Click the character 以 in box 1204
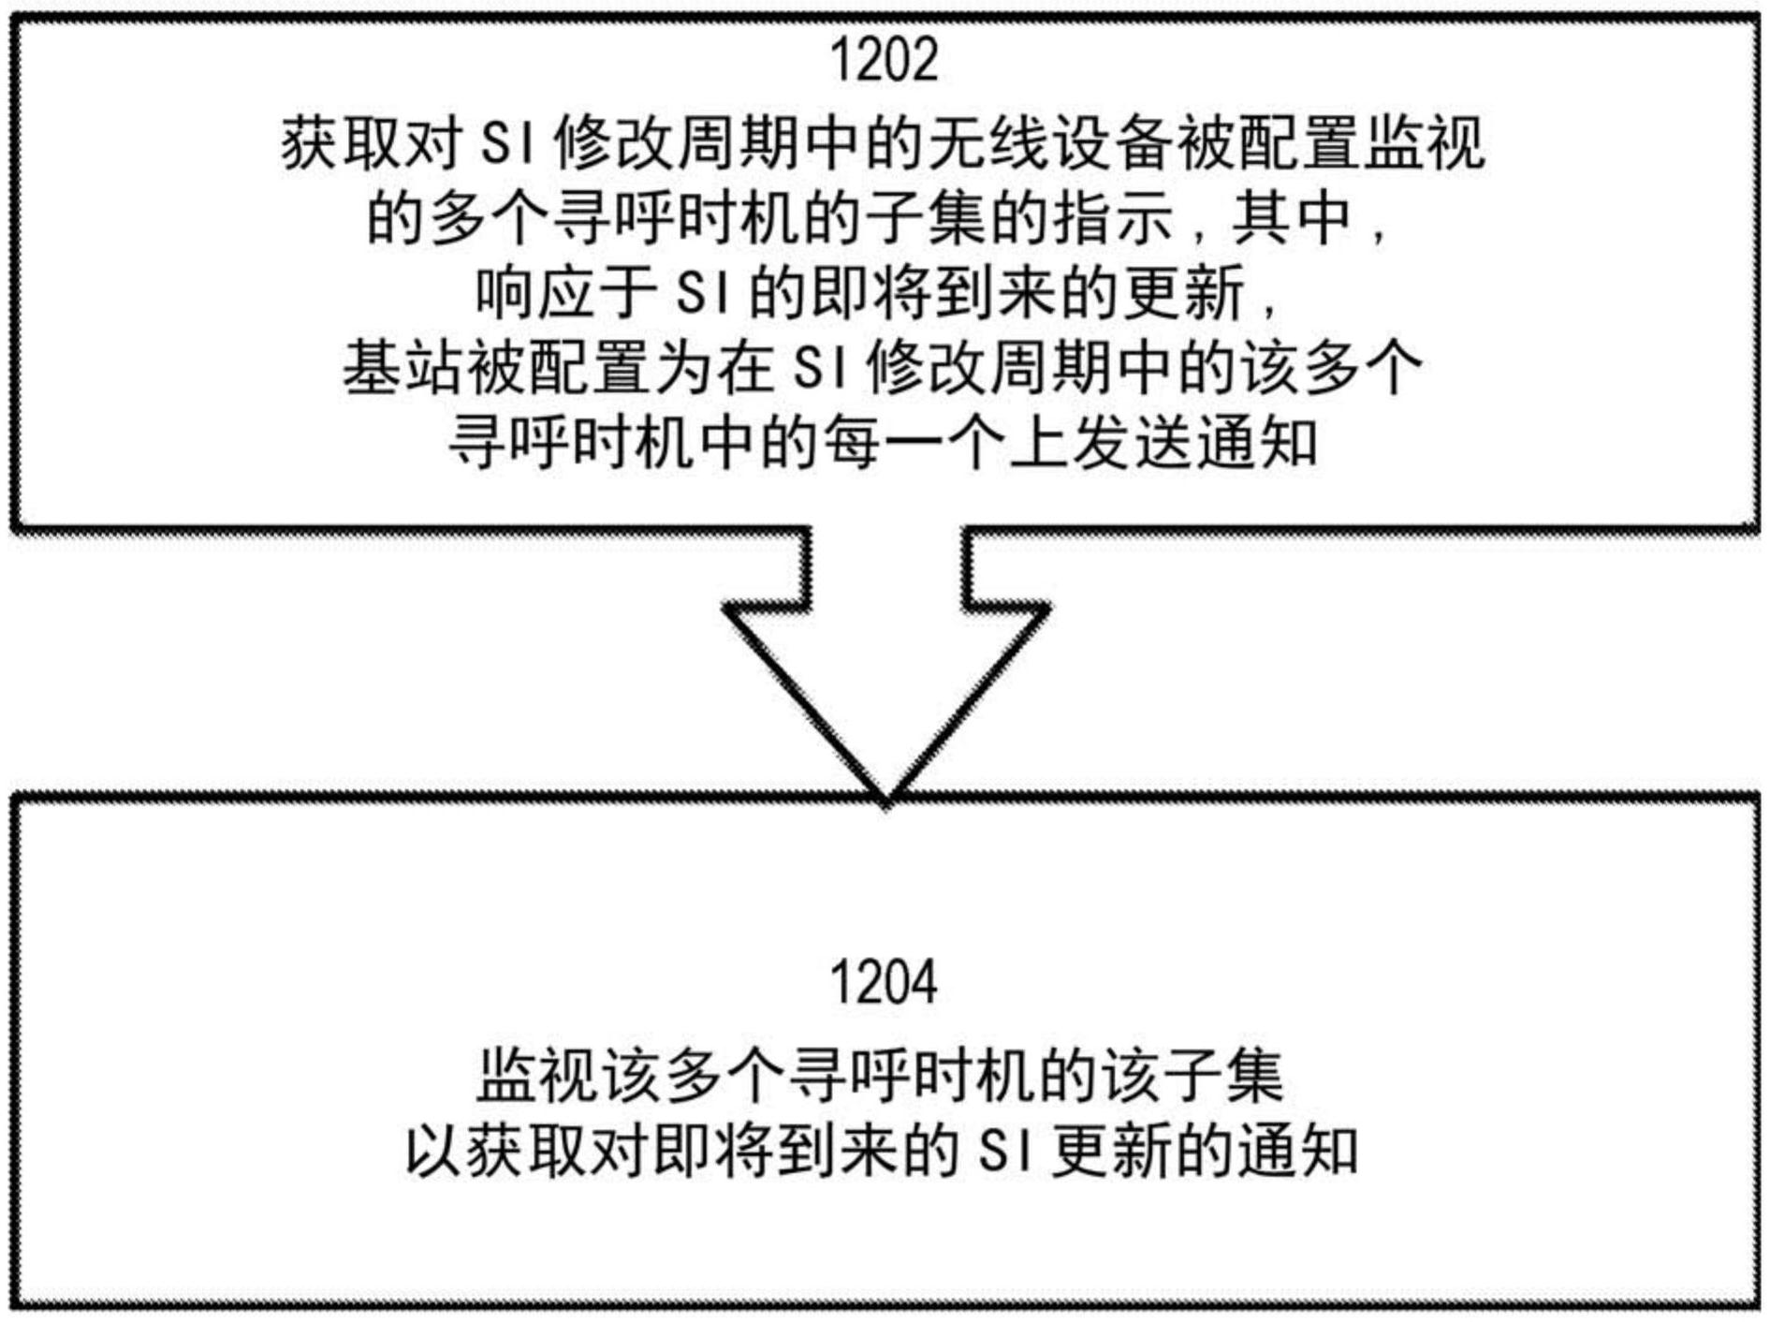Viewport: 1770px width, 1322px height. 434,1151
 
